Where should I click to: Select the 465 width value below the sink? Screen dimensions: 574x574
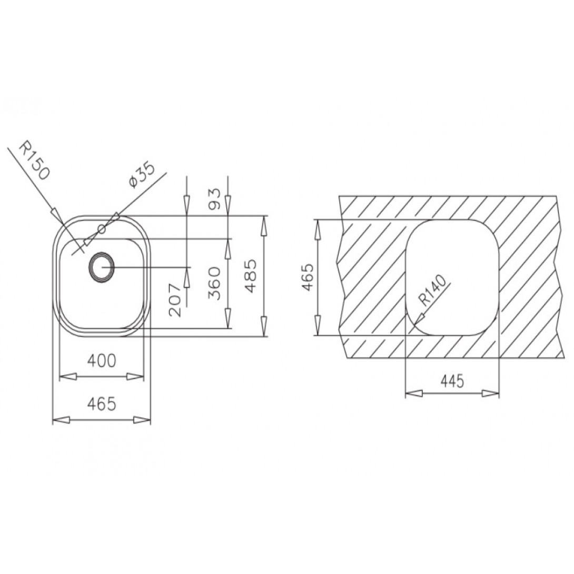[x=101, y=404]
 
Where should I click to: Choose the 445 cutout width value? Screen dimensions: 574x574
[x=451, y=381]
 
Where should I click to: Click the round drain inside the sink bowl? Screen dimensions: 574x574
[x=100, y=267]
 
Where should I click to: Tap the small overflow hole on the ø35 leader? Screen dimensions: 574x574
[x=102, y=230]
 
